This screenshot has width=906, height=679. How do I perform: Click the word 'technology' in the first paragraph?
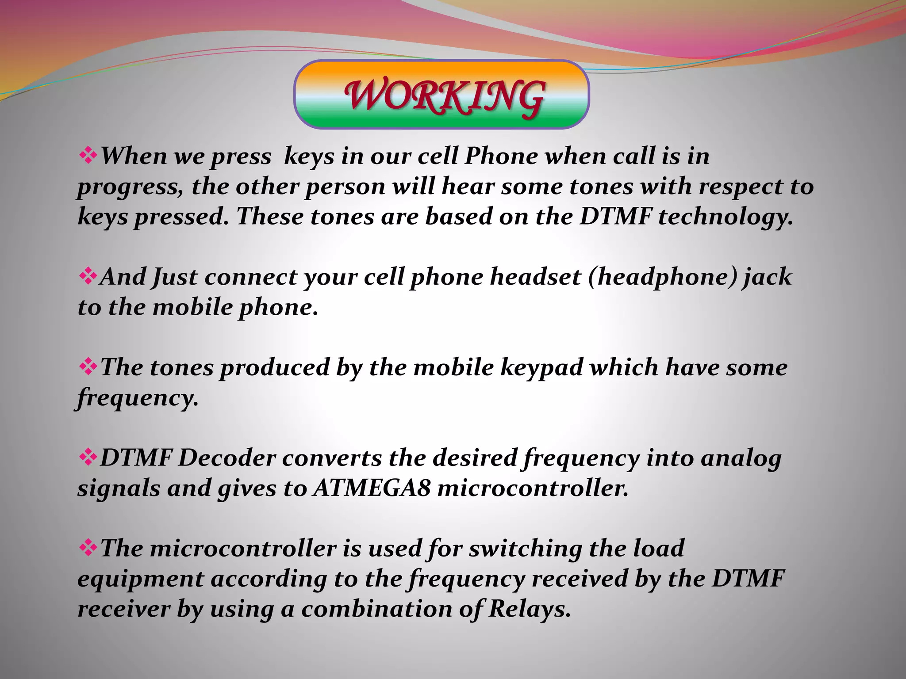tap(726, 217)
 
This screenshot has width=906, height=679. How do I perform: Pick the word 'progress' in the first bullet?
tap(130, 187)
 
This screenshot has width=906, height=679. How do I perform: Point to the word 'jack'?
tap(768, 277)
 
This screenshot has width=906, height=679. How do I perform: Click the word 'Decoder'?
tap(226, 458)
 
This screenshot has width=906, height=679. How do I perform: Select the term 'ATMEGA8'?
tap(371, 488)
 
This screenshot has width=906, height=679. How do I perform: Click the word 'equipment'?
tap(140, 580)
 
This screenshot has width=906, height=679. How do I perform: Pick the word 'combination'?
tap(376, 609)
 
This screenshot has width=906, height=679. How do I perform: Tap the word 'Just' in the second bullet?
tap(175, 277)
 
